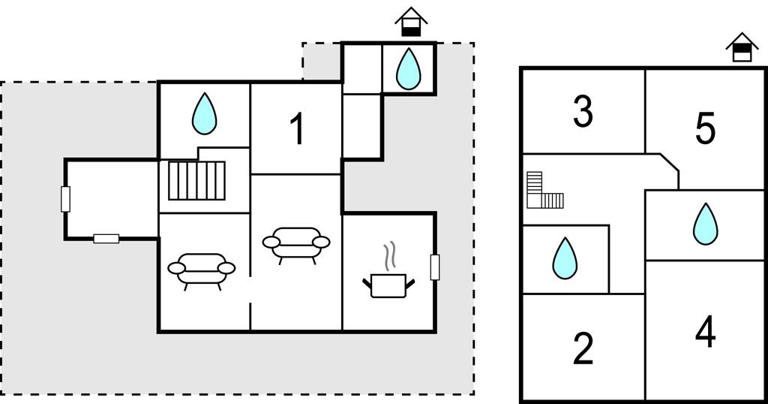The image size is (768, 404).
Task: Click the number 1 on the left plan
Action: pyautogui.click(x=298, y=129)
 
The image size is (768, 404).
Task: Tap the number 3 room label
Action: pyautogui.click(x=583, y=111)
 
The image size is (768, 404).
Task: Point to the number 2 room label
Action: pyautogui.click(x=583, y=348)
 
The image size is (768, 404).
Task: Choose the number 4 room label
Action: pyautogui.click(x=705, y=332)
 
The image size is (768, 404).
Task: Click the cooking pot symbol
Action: pyautogui.click(x=388, y=285)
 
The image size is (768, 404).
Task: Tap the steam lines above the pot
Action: pyautogui.click(x=389, y=256)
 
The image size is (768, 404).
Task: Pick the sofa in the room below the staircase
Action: pyautogui.click(x=201, y=270)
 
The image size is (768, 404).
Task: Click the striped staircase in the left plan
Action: pyautogui.click(x=196, y=180)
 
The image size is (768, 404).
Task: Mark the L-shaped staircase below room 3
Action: pyautogui.click(x=542, y=191)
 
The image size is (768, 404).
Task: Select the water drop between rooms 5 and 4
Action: pyautogui.click(x=704, y=224)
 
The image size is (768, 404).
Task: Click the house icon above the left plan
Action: pyautogui.click(x=410, y=21)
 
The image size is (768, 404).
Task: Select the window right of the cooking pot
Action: pyautogui.click(x=434, y=267)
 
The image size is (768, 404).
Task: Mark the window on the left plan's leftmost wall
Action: pyautogui.click(x=65, y=198)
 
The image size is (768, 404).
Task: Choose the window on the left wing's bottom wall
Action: pyautogui.click(x=106, y=239)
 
